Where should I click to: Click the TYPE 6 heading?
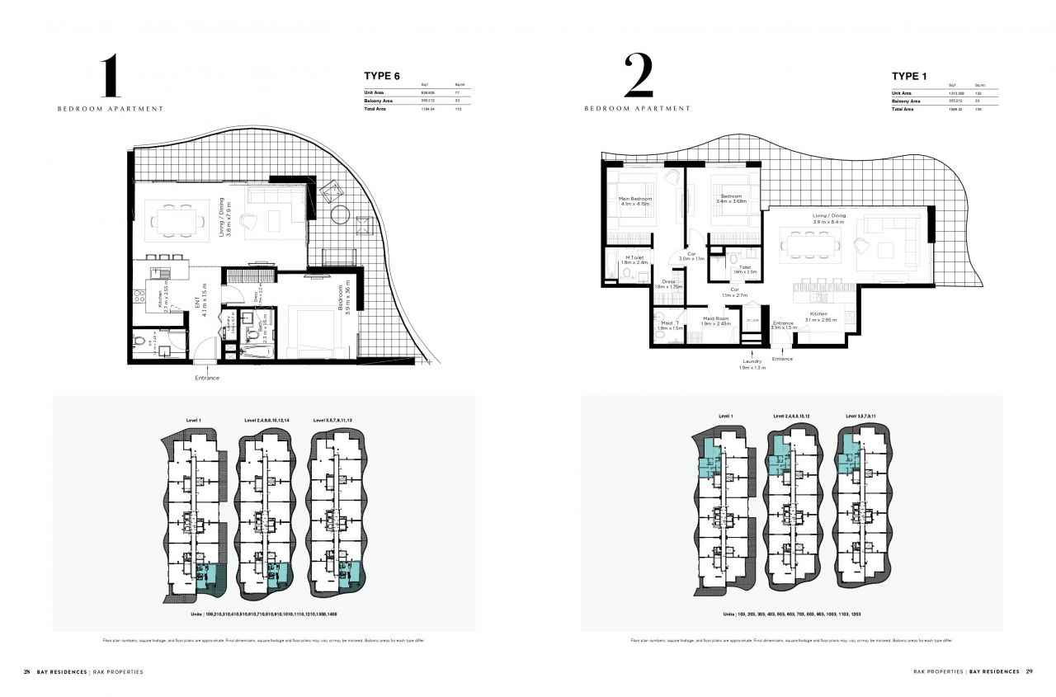click(x=382, y=76)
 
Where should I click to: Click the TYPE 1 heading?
click(x=909, y=76)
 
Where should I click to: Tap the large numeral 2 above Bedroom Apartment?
click(x=639, y=77)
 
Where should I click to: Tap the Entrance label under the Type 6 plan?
click(x=207, y=378)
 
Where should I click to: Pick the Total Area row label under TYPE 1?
click(x=902, y=109)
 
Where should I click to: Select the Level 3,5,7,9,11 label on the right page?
click(x=863, y=417)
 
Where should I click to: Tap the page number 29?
click(x=1029, y=671)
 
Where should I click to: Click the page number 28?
click(x=27, y=671)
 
